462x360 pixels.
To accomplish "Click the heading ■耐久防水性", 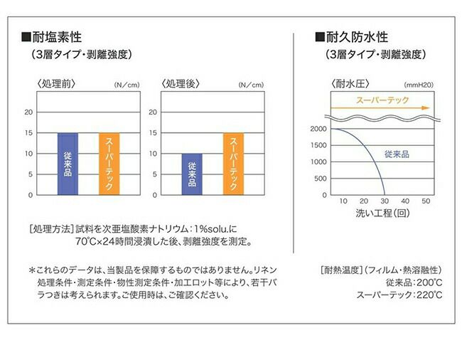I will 352,36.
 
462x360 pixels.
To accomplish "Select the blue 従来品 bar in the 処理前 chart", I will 68,164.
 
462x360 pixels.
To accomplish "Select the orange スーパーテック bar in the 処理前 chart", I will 109,164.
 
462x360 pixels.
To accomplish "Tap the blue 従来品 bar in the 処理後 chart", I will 191,174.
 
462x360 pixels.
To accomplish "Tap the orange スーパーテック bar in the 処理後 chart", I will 233,164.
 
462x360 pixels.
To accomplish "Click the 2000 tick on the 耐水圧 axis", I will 318,129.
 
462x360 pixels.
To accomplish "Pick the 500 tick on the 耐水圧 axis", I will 321,179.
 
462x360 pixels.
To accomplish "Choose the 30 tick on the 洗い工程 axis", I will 385,202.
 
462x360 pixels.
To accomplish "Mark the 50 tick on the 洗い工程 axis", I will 426,202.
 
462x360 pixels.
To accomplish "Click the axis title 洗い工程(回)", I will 382,213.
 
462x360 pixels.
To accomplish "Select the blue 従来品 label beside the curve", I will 397,154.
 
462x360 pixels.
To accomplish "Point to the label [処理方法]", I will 50,229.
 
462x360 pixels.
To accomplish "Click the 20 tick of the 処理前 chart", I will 29,112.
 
